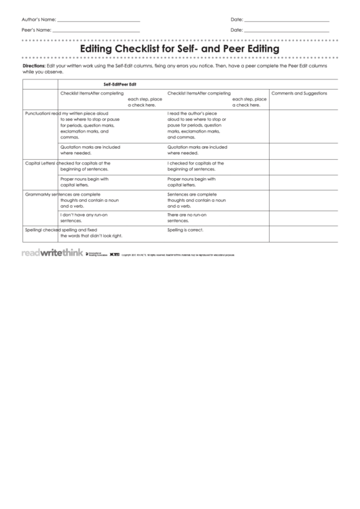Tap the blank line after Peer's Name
(96, 32)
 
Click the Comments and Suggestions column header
(299, 93)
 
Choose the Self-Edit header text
(106, 83)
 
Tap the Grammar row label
(33, 194)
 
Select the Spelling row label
(33, 230)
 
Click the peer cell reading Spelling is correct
(185, 230)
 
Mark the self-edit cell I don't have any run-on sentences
(85, 217)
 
